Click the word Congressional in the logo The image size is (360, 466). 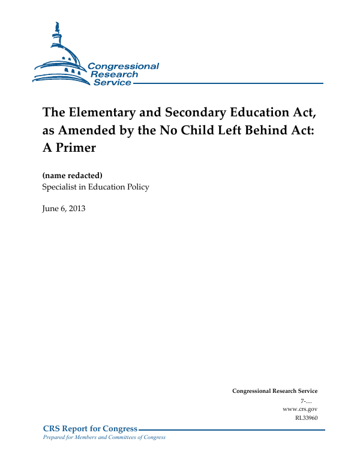(124, 66)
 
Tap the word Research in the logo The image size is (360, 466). (114, 74)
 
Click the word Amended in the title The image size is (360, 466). (87, 130)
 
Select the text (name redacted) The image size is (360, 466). (73, 175)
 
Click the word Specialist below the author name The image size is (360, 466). (63, 187)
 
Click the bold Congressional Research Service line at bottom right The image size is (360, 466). (275, 391)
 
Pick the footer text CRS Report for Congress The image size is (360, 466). (90, 428)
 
